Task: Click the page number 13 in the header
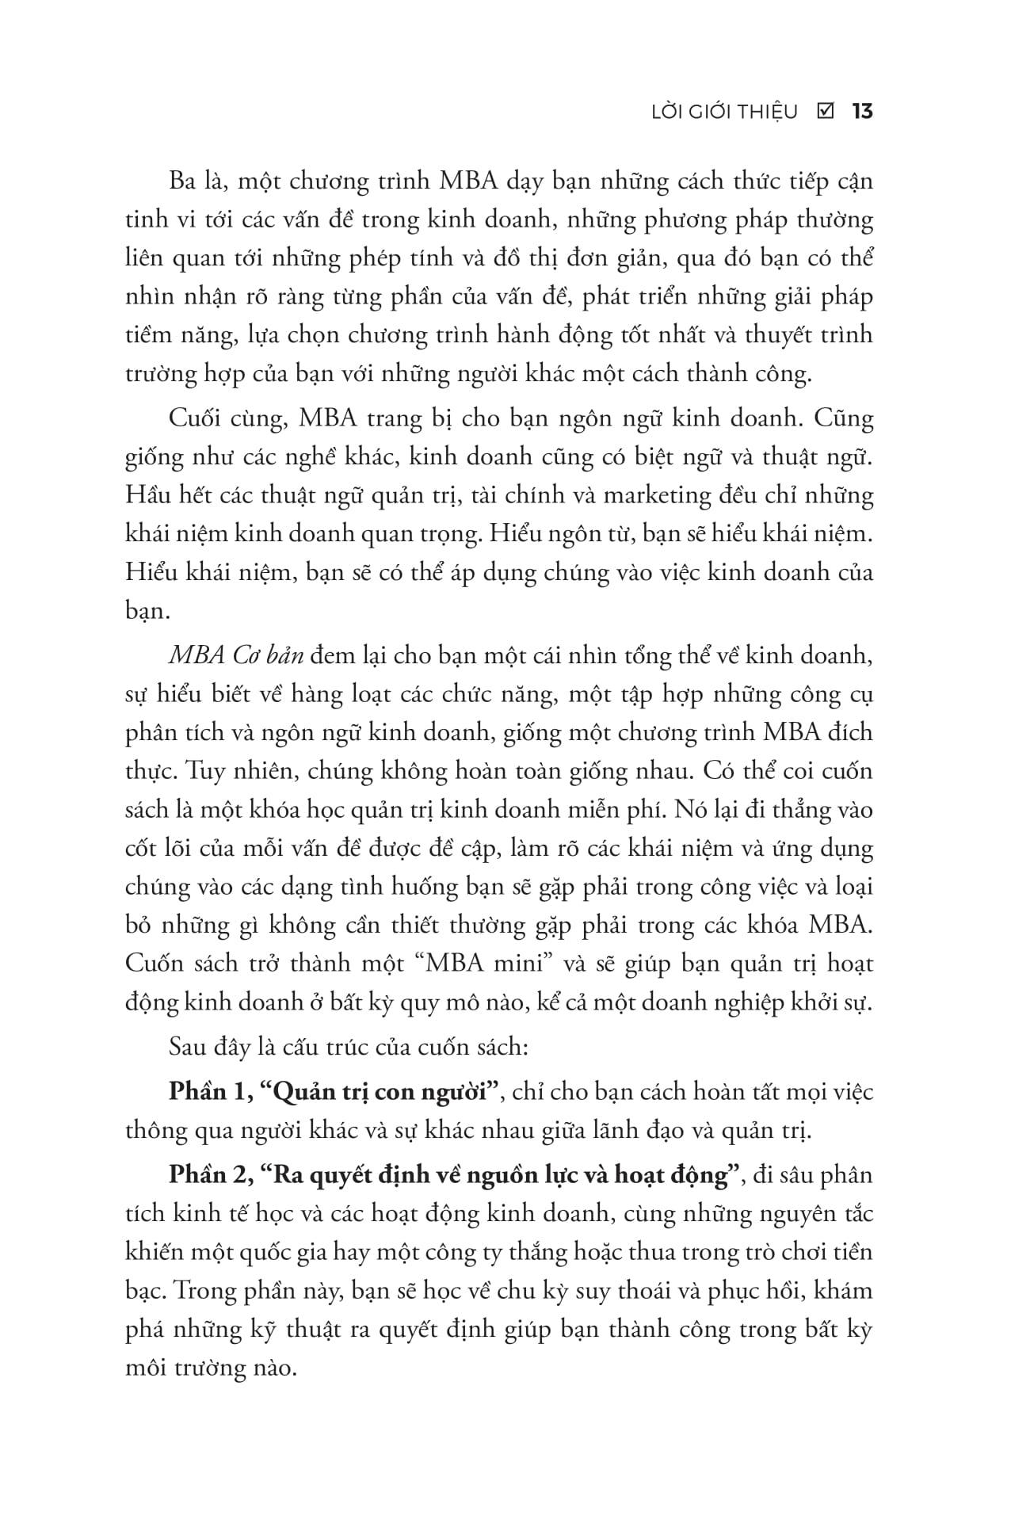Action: tap(862, 112)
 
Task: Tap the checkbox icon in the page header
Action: tap(824, 112)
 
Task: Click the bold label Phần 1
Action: tap(205, 1091)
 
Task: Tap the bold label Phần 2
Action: tap(206, 1175)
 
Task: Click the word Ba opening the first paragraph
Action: tap(184, 181)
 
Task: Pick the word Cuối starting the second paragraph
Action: tap(196, 418)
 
